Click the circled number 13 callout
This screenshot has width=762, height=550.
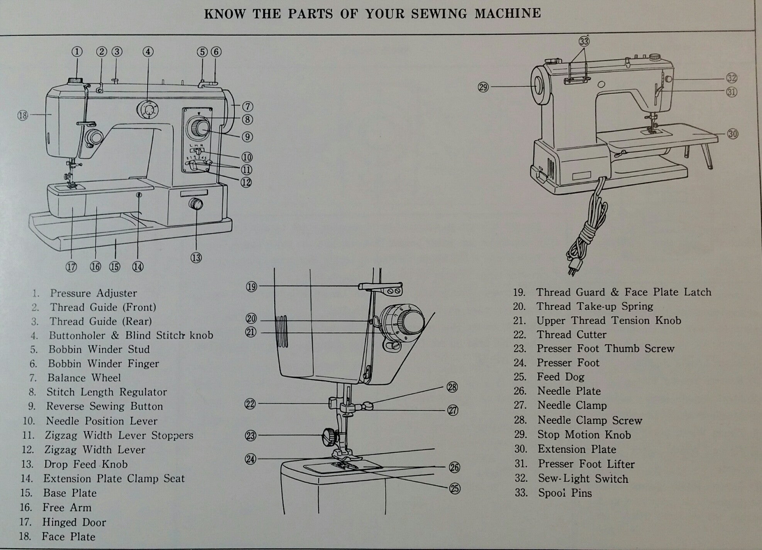[196, 258]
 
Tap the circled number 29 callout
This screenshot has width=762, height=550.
[483, 87]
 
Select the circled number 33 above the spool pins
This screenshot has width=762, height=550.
[584, 41]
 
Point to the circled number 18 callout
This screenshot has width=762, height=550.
[23, 115]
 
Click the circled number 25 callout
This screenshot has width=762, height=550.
[455, 489]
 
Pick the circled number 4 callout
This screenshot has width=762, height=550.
[148, 52]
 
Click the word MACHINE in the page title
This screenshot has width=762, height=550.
[508, 14]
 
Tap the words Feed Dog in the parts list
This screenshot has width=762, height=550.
[560, 377]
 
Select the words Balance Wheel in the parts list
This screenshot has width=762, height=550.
[84, 378]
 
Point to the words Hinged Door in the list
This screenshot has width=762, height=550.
[74, 523]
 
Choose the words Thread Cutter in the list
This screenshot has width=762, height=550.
[571, 334]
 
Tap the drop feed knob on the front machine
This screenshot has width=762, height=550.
[196, 204]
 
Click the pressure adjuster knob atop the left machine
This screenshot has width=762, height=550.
[76, 81]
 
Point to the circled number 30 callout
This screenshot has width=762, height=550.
[732, 134]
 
